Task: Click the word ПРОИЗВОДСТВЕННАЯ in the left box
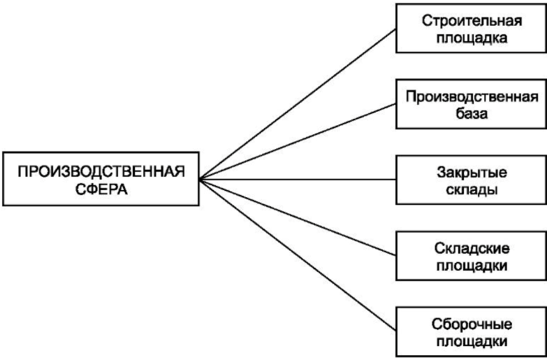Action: click(101, 172)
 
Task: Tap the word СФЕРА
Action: click(101, 190)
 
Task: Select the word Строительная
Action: click(472, 21)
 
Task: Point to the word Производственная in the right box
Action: click(472, 97)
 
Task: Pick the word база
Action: click(472, 114)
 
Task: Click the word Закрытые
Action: click(472, 173)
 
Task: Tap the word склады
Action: click(472, 191)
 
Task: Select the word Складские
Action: click(472, 249)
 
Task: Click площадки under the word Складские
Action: click(472, 266)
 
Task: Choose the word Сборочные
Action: click(472, 325)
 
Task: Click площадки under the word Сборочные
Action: click(472, 343)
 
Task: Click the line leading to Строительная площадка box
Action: click(298, 104)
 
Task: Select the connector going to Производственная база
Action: click(298, 142)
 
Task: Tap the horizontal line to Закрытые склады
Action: click(298, 180)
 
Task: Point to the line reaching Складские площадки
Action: click(298, 217)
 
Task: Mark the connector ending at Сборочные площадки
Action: click(298, 255)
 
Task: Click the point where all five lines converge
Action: click(200, 180)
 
